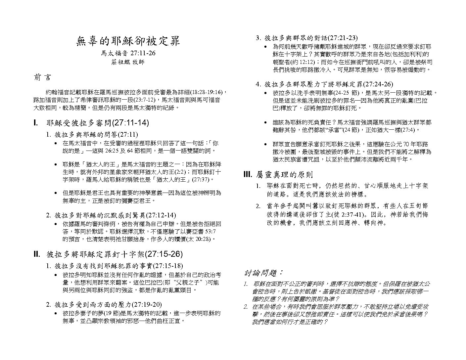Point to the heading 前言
tap(42, 77)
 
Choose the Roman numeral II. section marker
tap(36, 254)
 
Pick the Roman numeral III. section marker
tap(248, 175)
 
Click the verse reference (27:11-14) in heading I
tap(131, 123)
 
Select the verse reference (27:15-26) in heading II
tap(164, 254)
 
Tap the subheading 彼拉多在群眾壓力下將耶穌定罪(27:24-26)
tap(329, 84)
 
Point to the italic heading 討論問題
tap(263, 273)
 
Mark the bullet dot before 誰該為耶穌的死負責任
tap(266, 123)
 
